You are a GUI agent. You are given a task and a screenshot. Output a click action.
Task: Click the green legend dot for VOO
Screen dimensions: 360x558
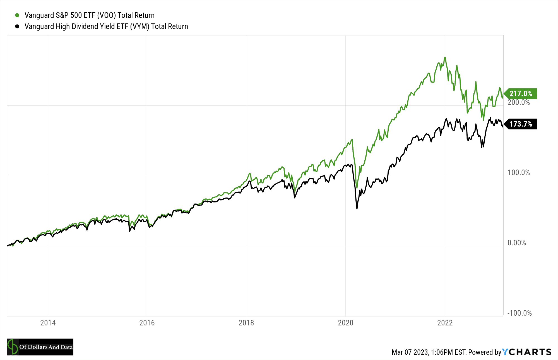pyautogui.click(x=17, y=15)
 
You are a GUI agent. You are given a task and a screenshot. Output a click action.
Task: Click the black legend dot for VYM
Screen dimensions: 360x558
pyautogui.click(x=17, y=26)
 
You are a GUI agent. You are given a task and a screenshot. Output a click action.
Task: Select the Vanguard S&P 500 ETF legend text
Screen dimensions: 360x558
pyautogui.click(x=89, y=15)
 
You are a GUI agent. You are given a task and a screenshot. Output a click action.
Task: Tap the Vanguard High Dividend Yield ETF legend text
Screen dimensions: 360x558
pyautogui.click(x=106, y=26)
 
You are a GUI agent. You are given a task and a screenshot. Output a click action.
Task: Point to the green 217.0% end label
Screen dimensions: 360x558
pyautogui.click(x=521, y=94)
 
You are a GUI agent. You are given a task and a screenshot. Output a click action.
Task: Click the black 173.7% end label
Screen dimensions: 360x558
pyautogui.click(x=521, y=124)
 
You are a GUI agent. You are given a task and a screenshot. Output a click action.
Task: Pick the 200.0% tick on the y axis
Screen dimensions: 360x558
pyautogui.click(x=518, y=102)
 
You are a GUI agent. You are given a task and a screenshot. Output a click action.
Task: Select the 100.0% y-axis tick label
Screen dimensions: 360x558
pyautogui.click(x=518, y=173)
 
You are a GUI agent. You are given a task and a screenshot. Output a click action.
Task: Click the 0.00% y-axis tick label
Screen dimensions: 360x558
pyautogui.click(x=516, y=243)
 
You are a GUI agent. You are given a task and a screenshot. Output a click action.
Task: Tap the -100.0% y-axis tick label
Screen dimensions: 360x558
pyautogui.click(x=519, y=313)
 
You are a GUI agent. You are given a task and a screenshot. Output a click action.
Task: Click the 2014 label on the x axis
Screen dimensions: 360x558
pyautogui.click(x=48, y=323)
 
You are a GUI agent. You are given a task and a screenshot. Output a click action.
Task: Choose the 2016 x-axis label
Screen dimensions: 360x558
pyautogui.click(x=147, y=323)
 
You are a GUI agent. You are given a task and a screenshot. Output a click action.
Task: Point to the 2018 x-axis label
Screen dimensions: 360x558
pyautogui.click(x=246, y=323)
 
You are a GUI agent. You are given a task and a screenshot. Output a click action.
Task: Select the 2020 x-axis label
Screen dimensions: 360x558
pyautogui.click(x=345, y=323)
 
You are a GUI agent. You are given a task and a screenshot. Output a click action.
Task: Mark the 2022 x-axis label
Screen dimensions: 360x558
pyautogui.click(x=445, y=323)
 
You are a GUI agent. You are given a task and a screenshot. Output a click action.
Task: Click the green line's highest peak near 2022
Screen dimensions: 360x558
pyautogui.click(x=445, y=57)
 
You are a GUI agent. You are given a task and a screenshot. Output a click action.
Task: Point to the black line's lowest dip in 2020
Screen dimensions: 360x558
pyautogui.click(x=357, y=208)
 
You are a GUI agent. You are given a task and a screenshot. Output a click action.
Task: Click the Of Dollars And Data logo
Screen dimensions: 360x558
pyautogui.click(x=40, y=347)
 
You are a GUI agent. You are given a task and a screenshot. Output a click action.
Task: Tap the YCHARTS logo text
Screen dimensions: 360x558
pyautogui.click(x=526, y=352)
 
